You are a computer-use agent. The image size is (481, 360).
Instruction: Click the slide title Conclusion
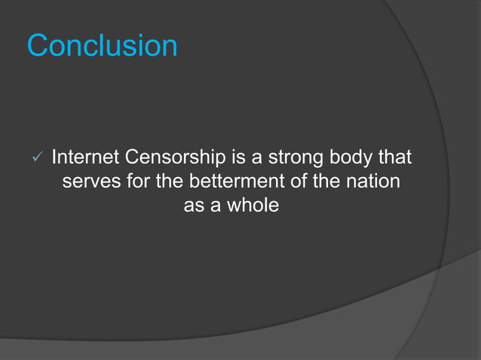click(103, 46)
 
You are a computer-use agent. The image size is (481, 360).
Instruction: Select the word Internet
click(85, 158)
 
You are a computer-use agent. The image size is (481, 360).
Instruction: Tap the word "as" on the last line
click(195, 205)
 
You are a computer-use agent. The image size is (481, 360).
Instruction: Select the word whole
click(251, 205)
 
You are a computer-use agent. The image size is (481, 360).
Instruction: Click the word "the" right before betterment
click(172, 182)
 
